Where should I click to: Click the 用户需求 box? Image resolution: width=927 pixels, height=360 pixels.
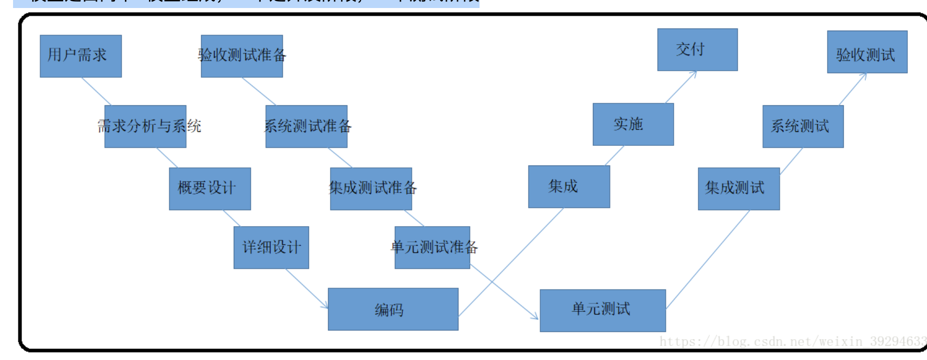[81, 56]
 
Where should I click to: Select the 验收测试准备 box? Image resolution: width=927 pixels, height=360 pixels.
[242, 56]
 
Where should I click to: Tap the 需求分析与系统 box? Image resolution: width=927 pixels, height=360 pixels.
[145, 126]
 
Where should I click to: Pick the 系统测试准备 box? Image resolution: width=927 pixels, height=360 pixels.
[306, 126]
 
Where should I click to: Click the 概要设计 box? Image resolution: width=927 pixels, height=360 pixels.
[210, 189]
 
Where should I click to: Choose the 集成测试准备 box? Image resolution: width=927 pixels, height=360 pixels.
[371, 189]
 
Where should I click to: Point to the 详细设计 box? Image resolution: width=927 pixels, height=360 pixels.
[271, 247]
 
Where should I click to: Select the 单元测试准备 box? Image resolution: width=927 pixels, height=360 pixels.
[432, 247]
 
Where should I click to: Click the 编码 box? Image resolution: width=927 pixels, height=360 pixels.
[393, 309]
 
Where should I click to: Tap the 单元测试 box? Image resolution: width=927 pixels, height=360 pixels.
[602, 310]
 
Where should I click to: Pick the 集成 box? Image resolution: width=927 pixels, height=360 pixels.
[569, 187]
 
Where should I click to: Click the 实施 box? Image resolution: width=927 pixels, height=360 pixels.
[633, 124]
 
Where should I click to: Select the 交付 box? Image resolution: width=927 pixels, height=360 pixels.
[697, 50]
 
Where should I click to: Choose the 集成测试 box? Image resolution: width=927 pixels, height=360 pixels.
[738, 189]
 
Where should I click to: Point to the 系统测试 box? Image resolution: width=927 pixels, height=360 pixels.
[803, 126]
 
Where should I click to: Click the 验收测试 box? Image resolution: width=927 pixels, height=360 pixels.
[867, 52]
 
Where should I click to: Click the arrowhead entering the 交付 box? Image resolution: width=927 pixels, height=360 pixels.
[693, 74]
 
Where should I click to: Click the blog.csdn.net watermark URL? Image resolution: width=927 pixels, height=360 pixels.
[793, 342]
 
